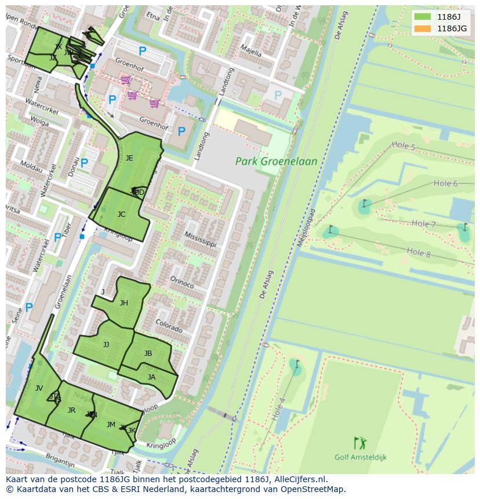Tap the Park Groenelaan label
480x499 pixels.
coord(277,162)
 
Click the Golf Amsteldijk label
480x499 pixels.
coord(360,457)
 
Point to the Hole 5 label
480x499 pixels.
coord(403,147)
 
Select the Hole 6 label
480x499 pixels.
coord(445,183)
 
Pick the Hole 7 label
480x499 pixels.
coord(423,224)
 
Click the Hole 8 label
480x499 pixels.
coord(419,252)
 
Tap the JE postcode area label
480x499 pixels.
coord(129,158)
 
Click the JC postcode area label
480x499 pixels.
coord(121,214)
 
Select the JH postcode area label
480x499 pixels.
coord(123,303)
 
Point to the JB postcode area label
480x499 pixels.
coord(148,354)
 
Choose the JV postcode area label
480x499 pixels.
coord(39,388)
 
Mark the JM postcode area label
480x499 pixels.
coord(111,425)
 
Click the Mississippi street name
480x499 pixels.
coord(200,238)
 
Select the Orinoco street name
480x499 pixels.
coord(181,282)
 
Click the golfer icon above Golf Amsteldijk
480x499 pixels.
coord(360,443)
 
